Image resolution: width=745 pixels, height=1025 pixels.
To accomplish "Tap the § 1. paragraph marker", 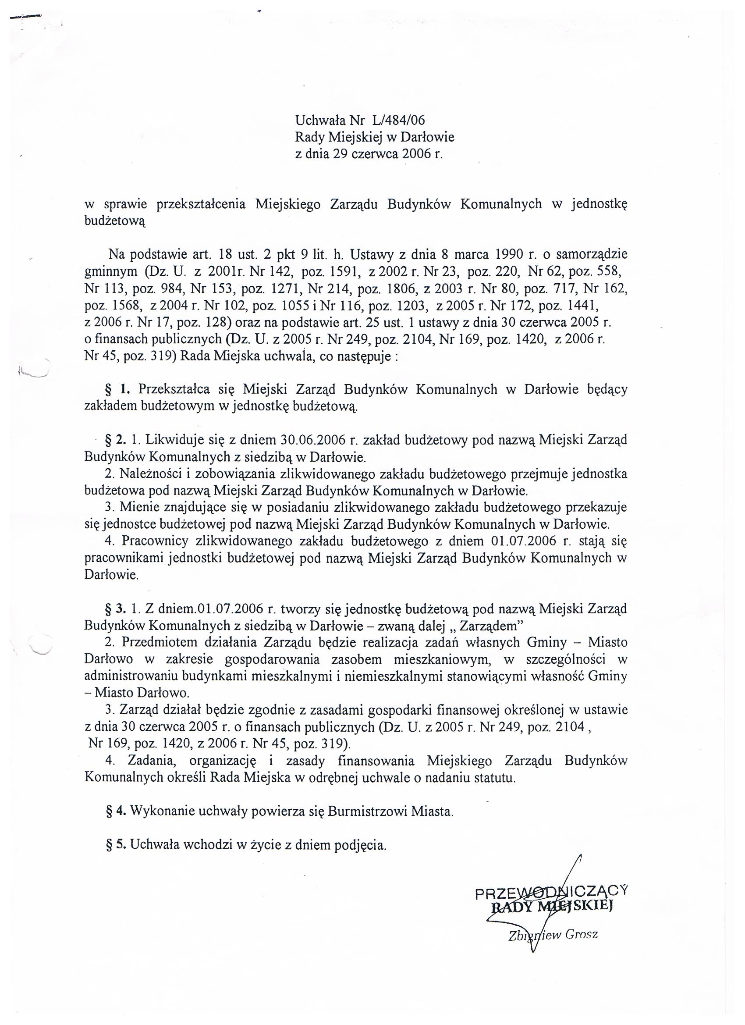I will [115, 389].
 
